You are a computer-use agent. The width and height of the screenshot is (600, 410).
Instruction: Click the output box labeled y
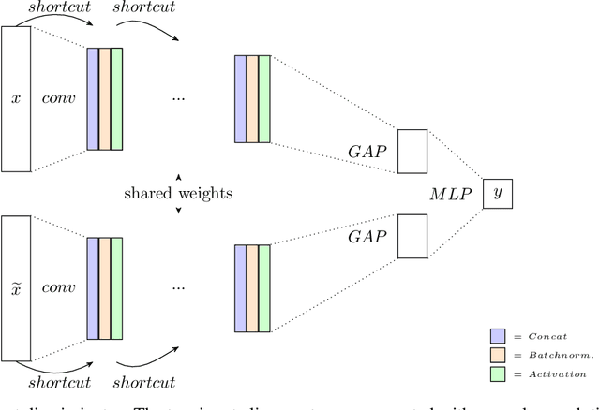(x=498, y=194)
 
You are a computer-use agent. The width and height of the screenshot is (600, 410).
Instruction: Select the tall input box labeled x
(x=16, y=98)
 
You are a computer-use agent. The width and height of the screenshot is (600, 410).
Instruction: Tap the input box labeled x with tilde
(x=16, y=286)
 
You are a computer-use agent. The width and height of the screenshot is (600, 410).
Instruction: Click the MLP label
(x=449, y=194)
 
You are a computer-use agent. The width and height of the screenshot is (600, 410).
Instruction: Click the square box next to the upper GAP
(x=412, y=151)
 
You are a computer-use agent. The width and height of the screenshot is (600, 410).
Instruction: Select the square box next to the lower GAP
(x=412, y=236)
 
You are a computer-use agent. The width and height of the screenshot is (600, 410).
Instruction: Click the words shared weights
(x=177, y=194)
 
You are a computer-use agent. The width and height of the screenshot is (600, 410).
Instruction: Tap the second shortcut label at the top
(x=143, y=9)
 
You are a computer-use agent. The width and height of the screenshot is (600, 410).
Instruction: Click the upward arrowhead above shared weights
(x=178, y=176)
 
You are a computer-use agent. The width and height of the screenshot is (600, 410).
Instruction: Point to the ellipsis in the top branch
(x=178, y=98)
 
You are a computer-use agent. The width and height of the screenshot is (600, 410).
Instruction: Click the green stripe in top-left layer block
(x=116, y=98)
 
